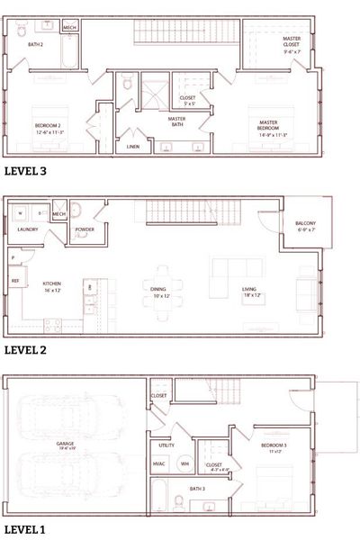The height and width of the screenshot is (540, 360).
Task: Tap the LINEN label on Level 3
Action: click(x=132, y=145)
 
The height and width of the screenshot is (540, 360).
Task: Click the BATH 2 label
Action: click(x=36, y=43)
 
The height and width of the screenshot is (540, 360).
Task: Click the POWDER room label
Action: click(x=85, y=229)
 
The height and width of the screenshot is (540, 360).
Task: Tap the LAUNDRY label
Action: click(x=27, y=229)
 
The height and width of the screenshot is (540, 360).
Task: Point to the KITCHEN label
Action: click(x=51, y=284)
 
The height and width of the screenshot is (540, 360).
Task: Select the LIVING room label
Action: click(x=249, y=291)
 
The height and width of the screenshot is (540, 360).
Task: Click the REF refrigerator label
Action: click(x=15, y=281)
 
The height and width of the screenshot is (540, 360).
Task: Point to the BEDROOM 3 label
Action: click(x=274, y=447)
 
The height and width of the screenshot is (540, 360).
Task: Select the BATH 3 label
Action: click(x=197, y=488)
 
